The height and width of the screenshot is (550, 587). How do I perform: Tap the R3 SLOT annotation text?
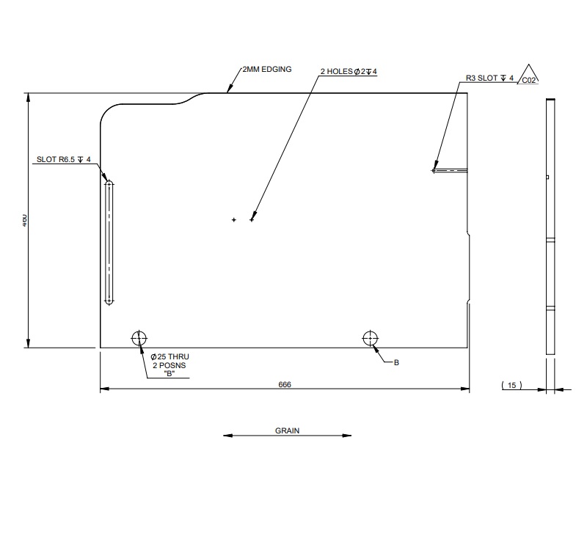click(489, 77)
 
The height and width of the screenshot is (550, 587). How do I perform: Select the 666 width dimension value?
click(285, 384)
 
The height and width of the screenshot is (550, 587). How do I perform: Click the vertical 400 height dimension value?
click(24, 219)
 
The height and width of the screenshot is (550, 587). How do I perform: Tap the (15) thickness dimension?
click(511, 384)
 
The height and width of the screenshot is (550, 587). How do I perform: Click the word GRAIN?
click(287, 431)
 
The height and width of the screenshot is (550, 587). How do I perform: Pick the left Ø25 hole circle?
click(139, 338)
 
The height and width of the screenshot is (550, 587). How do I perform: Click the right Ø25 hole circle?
click(370, 338)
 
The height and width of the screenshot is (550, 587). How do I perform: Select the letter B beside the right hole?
click(396, 362)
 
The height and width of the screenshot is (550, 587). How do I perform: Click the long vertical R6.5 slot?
click(109, 242)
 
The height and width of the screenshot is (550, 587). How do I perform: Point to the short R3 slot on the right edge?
click(449, 170)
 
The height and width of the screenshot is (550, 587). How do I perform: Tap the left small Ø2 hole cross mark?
click(234, 219)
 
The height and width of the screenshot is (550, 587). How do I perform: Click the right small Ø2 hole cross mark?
click(252, 219)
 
